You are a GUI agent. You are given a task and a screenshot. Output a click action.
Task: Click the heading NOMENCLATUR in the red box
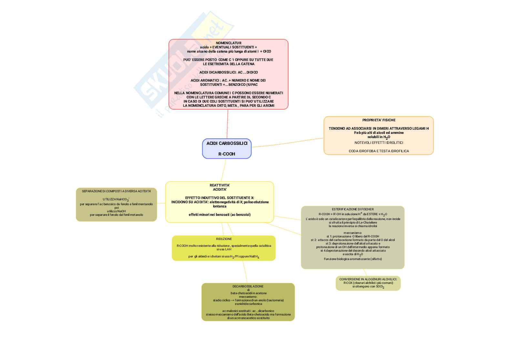point(228,43)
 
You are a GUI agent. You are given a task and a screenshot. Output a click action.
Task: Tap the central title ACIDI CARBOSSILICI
point(227,143)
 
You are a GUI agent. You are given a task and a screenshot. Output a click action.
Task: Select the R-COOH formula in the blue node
point(227,154)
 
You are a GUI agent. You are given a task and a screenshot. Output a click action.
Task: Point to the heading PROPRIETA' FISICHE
point(379,120)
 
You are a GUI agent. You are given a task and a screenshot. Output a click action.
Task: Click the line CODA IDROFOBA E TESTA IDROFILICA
point(379,151)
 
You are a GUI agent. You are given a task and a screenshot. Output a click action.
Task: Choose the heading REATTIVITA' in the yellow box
point(219,185)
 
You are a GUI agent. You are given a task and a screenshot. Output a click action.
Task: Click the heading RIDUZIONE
point(224,239)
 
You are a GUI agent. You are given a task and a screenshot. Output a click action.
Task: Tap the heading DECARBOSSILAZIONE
point(248,286)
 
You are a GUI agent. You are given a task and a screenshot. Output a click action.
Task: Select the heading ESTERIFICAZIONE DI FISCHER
point(353,209)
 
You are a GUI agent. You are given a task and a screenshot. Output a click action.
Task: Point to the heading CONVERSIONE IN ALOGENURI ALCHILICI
point(368,279)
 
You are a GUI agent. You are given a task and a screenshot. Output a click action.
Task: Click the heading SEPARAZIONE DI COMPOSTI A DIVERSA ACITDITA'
point(116,191)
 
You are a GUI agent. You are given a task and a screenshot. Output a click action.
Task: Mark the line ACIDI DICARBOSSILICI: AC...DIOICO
point(228,72)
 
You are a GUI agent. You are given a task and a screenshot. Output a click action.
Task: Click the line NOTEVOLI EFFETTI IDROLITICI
point(379,143)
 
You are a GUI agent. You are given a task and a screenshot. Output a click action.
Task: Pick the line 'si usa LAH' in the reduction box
point(224,249)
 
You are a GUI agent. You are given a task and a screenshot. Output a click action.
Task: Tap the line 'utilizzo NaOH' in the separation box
point(116,211)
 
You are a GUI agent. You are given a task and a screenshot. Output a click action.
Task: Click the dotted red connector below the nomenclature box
point(227,124)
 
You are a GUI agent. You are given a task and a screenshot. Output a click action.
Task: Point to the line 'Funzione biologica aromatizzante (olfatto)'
point(353,259)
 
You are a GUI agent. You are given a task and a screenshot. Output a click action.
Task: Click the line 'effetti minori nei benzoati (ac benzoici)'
point(219,215)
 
